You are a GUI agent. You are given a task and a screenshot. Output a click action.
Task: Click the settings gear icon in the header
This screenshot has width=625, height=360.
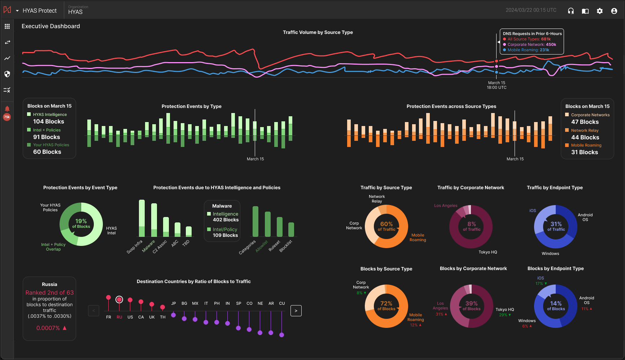point(600,11)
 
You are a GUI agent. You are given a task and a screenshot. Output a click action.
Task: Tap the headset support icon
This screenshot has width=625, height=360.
point(571,11)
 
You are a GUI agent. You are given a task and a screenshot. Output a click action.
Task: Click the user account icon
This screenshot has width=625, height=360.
point(614,11)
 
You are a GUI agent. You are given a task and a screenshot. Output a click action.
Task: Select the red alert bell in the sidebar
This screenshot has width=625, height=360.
point(7,109)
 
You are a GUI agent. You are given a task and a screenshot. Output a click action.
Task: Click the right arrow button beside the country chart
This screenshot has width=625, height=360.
point(296,311)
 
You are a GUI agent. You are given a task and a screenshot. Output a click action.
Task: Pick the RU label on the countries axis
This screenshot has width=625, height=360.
point(119,317)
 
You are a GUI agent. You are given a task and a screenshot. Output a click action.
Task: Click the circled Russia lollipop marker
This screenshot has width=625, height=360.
point(119,299)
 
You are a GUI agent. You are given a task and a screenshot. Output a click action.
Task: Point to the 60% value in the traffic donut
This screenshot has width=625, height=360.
point(386,224)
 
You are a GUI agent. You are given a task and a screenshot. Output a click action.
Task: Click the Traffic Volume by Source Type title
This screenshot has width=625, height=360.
point(318,32)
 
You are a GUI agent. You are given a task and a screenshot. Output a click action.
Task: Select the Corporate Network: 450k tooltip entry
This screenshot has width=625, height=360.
point(532,44)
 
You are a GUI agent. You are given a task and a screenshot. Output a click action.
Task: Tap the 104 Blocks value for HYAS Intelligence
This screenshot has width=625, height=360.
point(49,122)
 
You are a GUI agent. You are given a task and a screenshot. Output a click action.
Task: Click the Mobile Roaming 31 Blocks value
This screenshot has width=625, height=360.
point(585,152)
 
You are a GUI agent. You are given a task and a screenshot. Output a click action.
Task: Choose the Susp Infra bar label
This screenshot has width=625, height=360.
point(135,247)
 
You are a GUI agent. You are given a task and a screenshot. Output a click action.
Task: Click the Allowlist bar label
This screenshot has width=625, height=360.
point(262,246)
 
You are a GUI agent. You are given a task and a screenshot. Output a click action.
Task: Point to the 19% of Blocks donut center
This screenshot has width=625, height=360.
point(81,224)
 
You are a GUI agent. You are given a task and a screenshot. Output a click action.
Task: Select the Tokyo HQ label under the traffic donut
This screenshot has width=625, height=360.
point(488,252)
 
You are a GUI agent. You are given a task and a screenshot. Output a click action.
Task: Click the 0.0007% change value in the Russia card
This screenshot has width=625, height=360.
point(48,328)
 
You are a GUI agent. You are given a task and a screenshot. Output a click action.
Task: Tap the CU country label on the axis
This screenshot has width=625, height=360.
point(282,303)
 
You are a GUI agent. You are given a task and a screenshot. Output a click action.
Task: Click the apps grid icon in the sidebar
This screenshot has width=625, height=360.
point(7,26)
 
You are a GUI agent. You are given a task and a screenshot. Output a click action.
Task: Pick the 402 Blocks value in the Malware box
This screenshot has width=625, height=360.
point(226,220)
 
